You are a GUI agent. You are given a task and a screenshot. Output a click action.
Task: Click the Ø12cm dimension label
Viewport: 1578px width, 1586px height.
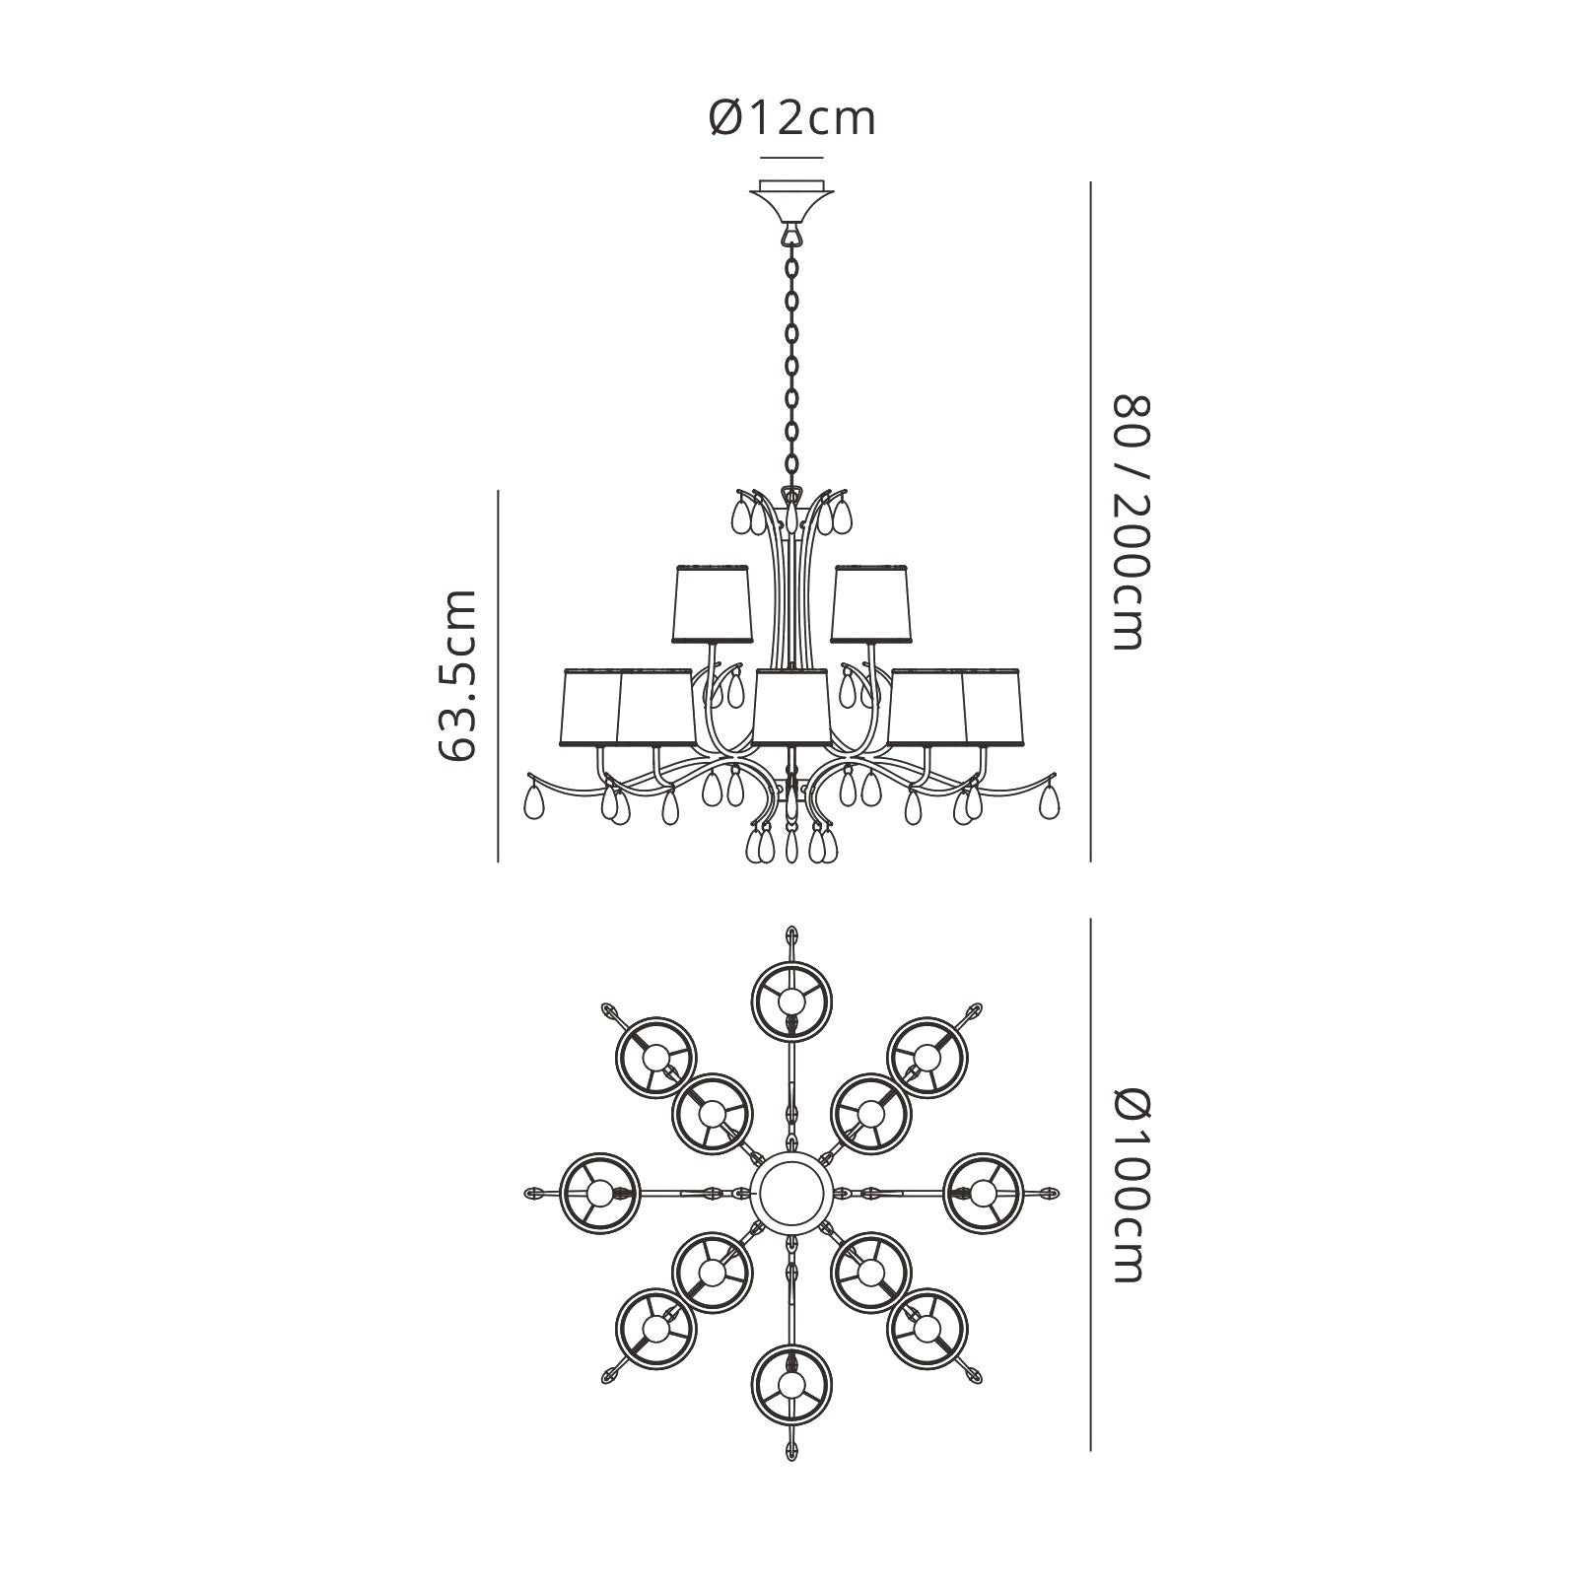pyautogui.click(x=791, y=119)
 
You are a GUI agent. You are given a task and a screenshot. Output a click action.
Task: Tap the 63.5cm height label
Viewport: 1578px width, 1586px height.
pyautogui.click(x=456, y=675)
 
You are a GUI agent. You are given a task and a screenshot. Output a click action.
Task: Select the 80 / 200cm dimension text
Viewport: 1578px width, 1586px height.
pyautogui.click(x=1130, y=522)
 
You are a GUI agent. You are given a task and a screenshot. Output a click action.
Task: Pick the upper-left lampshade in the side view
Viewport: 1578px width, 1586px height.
pyautogui.click(x=713, y=603)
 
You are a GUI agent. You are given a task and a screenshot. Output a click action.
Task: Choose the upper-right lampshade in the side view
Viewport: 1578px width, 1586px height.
pyautogui.click(x=869, y=603)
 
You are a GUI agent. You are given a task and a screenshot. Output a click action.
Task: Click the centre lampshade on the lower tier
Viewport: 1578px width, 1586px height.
pyautogui.click(x=790, y=708)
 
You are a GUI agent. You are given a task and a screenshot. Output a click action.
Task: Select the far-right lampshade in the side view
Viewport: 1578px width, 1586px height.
pyautogui.click(x=992, y=708)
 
